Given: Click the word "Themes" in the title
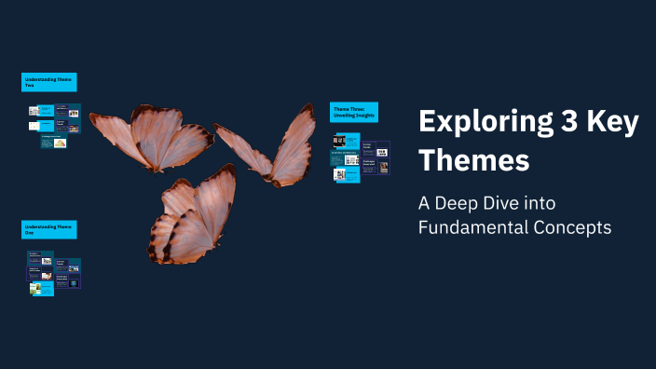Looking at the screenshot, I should coord(473,159).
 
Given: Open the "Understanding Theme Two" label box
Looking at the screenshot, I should coord(48,82).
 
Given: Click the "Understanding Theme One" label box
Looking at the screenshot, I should coord(48,229).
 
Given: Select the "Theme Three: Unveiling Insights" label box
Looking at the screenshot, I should coord(354,112).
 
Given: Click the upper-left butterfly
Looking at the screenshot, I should coord(149,138).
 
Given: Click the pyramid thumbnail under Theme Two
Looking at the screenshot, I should coord(60,143).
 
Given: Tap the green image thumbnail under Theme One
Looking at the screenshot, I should coord(35,290).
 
